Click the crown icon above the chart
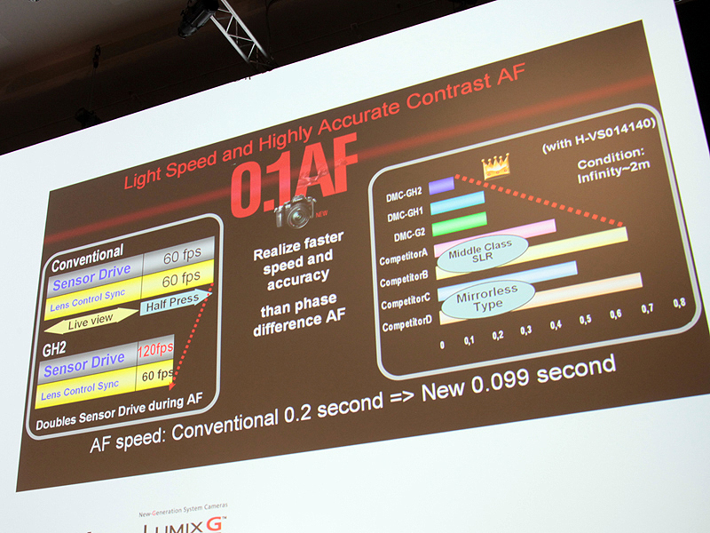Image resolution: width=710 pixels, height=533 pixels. point(493,166)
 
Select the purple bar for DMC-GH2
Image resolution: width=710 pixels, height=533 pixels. point(441,187)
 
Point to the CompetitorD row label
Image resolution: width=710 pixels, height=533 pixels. point(406,326)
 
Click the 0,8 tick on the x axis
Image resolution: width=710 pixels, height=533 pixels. point(679,303)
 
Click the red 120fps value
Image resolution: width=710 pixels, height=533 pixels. point(155,349)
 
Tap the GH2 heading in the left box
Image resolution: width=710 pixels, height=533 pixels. point(56,348)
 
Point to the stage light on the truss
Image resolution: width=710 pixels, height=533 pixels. point(197,16)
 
